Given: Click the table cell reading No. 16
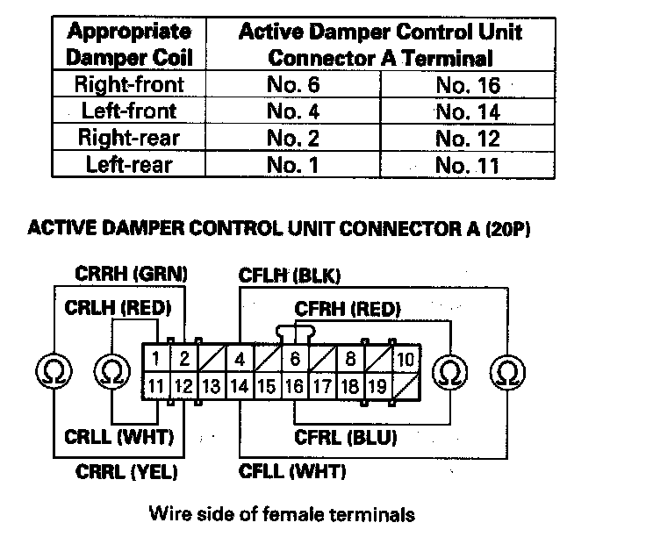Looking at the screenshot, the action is click(x=468, y=85).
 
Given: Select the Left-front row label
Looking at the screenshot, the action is click(x=129, y=111).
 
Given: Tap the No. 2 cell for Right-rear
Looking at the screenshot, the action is click(x=292, y=138).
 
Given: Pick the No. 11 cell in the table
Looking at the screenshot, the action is click(x=467, y=165).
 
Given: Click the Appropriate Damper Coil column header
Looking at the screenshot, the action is click(x=129, y=44).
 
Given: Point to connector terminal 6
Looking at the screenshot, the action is click(x=295, y=359).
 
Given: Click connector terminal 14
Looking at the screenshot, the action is click(x=240, y=386).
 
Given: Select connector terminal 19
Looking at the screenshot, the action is click(x=377, y=386).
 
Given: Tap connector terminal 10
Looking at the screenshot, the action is click(x=406, y=360).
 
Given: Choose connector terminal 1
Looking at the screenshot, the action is click(x=155, y=359).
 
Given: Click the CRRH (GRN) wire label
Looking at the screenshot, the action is click(x=131, y=274).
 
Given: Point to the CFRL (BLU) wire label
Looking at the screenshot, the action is click(x=346, y=437).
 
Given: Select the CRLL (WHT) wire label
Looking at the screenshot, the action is click(x=119, y=437).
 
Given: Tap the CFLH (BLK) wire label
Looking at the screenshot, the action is click(x=290, y=276).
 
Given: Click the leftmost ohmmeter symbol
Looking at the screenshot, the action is click(x=54, y=371).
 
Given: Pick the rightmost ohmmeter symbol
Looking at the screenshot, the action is click(x=507, y=373).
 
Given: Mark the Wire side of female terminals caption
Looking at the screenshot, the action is click(x=282, y=514).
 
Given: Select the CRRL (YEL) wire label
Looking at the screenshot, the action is click(x=126, y=472).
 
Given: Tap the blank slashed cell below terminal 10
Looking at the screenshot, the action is click(x=406, y=386).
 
